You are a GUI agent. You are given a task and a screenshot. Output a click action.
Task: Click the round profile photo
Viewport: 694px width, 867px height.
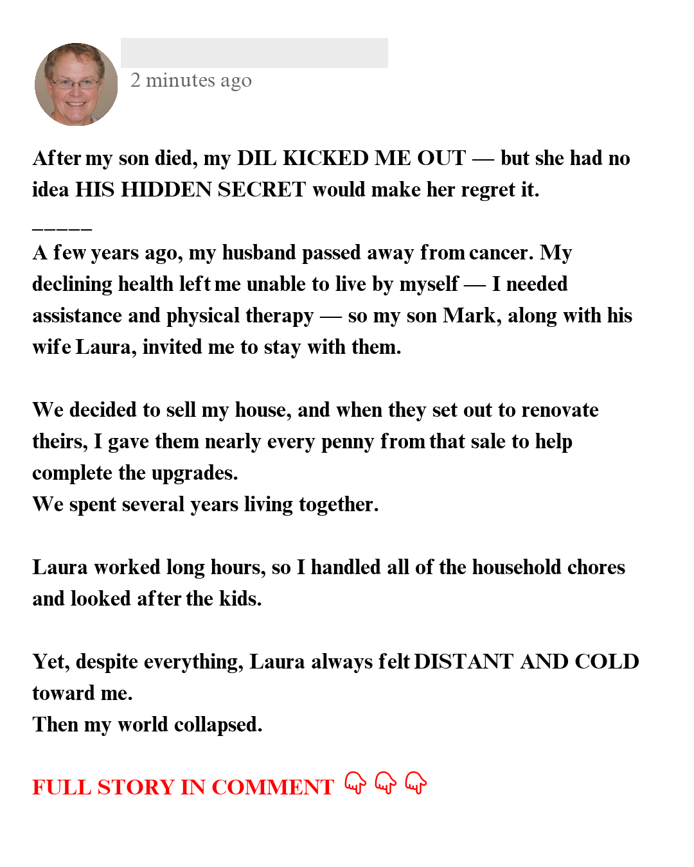tap(76, 84)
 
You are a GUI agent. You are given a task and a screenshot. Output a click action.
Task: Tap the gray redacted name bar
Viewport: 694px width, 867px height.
tap(254, 53)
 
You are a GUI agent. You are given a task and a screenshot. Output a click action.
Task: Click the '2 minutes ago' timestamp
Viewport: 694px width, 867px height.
tap(191, 80)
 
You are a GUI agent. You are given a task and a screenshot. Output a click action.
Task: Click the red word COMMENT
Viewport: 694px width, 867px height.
tap(272, 787)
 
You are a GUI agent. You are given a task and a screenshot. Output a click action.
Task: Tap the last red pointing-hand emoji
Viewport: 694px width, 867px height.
tap(416, 783)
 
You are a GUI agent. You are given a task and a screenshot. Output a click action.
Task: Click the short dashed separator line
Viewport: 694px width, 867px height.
tap(62, 228)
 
